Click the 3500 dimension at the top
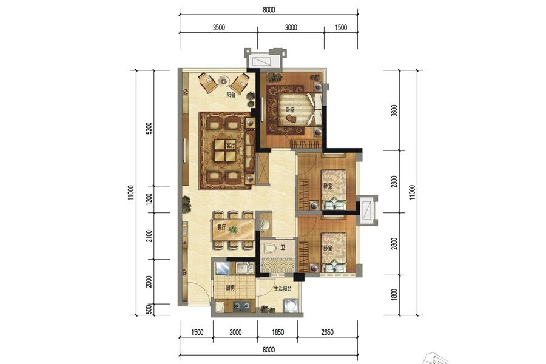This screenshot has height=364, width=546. coord(219,28)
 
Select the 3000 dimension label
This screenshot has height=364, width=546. coord(291,28)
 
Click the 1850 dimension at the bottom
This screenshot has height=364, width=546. coord(277,332)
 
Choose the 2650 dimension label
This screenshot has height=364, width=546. coord(327,332)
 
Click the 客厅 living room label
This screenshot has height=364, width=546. coord(230,146)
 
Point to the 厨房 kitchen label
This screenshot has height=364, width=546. coord(230,288)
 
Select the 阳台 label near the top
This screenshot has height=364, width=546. coord(231,95)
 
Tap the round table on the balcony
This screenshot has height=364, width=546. coord(223,79)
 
